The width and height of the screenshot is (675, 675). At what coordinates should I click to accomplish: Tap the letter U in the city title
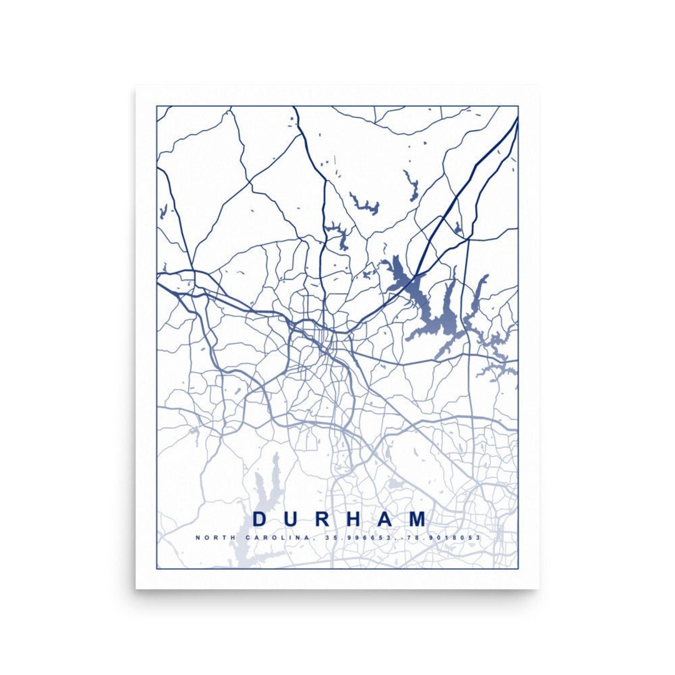pyautogui.click(x=292, y=519)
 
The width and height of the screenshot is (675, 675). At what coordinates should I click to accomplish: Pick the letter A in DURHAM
pyautogui.click(x=389, y=519)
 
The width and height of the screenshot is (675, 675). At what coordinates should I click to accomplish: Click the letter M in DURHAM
pyautogui.click(x=420, y=519)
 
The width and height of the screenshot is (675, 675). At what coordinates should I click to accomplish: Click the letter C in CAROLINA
pyautogui.click(x=248, y=537)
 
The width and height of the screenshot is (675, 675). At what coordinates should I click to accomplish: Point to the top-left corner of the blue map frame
pyautogui.click(x=157, y=106)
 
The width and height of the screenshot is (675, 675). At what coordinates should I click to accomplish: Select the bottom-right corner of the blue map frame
pyautogui.click(x=518, y=568)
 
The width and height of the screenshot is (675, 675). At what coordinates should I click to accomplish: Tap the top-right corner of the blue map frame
pyautogui.click(x=518, y=106)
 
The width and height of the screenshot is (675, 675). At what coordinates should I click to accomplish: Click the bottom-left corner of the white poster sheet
pyautogui.click(x=136, y=588)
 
